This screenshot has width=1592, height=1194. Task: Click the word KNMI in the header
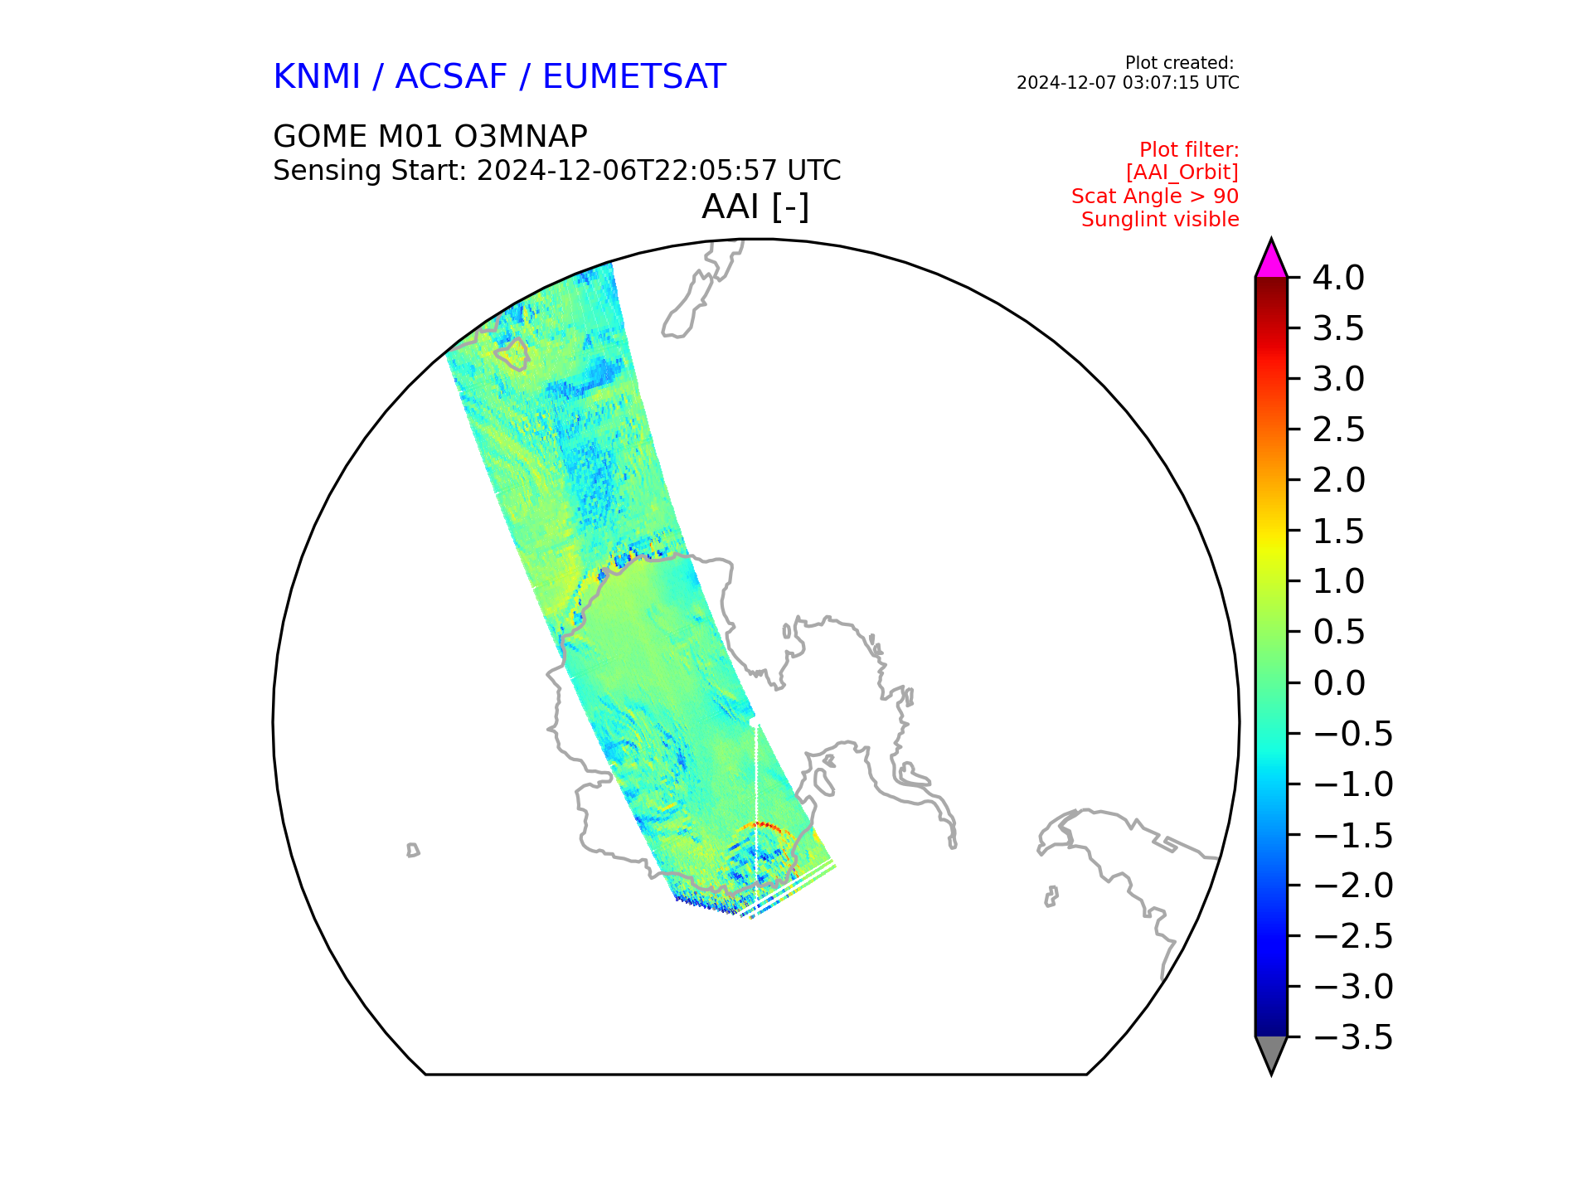[x=317, y=77]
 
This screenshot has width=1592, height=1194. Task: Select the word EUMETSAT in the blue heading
[x=634, y=77]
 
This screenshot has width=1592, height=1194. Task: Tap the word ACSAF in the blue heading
[x=451, y=77]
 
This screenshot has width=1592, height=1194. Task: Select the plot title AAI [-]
[x=755, y=207]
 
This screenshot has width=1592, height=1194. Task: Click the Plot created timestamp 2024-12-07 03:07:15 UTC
[x=1128, y=83]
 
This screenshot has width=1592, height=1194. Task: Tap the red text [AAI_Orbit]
[x=1182, y=172]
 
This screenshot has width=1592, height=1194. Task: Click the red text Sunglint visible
[x=1160, y=220]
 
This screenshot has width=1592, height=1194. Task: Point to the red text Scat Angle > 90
[x=1155, y=197]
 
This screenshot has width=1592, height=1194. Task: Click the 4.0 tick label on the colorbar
[x=1338, y=279]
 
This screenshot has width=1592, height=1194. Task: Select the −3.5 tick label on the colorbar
[x=1353, y=1037]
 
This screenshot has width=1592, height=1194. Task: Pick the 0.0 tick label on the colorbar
[x=1338, y=683]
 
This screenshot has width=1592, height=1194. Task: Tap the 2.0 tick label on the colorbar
[x=1338, y=481]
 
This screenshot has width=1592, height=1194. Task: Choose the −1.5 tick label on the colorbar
[x=1353, y=835]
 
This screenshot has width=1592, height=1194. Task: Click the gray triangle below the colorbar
[x=1271, y=1052]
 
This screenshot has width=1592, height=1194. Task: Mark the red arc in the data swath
[x=760, y=826]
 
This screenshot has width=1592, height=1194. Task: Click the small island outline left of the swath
[x=413, y=850]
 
